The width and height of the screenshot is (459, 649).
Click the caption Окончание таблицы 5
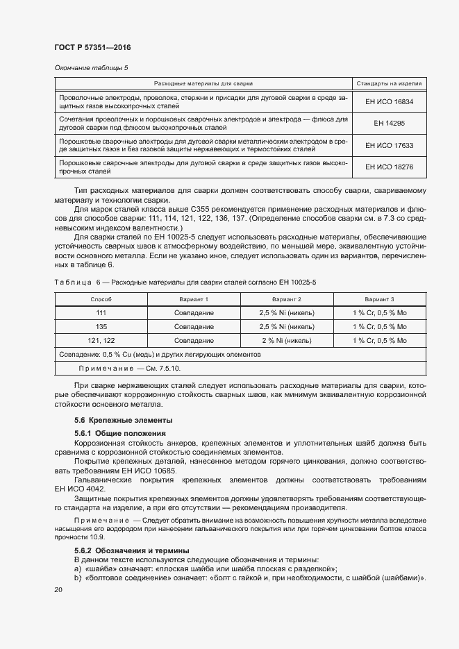[x=91, y=67]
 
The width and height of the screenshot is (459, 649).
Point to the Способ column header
[x=101, y=298]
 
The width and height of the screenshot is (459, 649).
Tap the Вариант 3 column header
[x=379, y=298]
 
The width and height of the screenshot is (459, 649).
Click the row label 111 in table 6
[x=101, y=313]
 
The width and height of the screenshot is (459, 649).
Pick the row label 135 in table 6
[x=101, y=327]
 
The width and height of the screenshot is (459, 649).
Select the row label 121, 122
[x=101, y=341]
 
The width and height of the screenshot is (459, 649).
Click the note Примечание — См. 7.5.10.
[x=119, y=369]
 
